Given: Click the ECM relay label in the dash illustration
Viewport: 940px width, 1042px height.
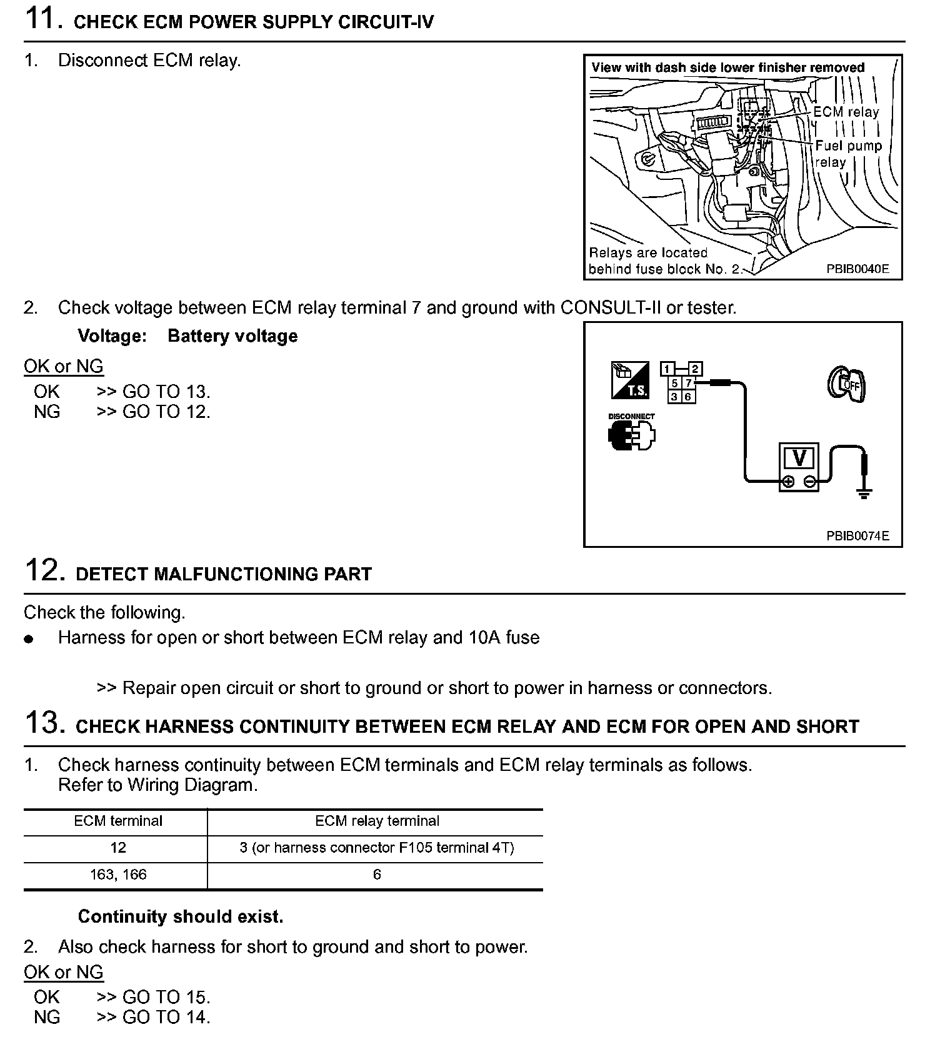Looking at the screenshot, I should click(846, 112).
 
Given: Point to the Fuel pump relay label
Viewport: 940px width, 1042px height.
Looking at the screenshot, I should click(847, 154).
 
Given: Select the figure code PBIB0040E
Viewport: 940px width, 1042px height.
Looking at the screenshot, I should click(857, 269).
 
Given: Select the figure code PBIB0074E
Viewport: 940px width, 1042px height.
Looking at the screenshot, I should click(857, 536).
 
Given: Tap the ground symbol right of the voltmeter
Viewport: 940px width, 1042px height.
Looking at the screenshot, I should click(864, 494).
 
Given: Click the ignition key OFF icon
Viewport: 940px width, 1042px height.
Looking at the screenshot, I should click(847, 384).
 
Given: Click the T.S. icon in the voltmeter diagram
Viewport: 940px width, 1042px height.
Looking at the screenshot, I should click(629, 380).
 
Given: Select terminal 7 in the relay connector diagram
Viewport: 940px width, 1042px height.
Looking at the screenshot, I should click(688, 383).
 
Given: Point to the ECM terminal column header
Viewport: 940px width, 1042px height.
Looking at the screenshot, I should click(118, 821).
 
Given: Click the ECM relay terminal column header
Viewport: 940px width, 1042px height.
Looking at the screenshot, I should click(377, 821).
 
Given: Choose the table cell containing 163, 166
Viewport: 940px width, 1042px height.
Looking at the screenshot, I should click(118, 875).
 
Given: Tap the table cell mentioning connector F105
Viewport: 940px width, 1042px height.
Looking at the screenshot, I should click(377, 848).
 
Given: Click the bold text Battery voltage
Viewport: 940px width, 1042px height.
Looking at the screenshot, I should click(232, 336).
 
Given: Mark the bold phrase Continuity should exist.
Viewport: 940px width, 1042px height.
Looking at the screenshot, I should click(181, 916).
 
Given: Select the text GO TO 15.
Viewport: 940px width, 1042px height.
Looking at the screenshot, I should click(166, 997).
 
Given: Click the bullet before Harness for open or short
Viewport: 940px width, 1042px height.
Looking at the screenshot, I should click(28, 639).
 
